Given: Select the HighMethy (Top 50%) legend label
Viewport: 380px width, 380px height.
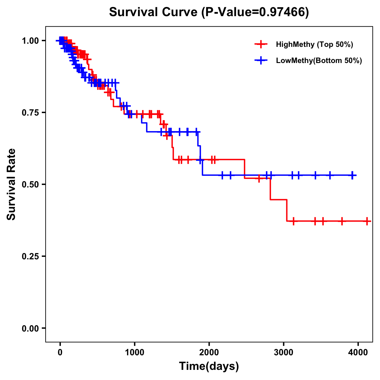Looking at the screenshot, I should [x=314, y=44].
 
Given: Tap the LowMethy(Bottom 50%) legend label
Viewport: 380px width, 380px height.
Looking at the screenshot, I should [x=319, y=60].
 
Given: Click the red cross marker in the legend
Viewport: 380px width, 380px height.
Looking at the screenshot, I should [x=261, y=44].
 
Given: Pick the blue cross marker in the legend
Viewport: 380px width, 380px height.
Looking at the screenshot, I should [x=261, y=60].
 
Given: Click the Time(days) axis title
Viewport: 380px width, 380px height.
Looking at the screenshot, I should [x=209, y=366].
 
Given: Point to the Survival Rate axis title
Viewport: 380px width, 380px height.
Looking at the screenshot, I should [x=11, y=184].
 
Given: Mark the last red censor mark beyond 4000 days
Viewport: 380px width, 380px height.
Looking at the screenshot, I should [x=367, y=221].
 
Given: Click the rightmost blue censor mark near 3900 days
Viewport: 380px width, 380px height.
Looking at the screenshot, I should [x=352, y=175].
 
